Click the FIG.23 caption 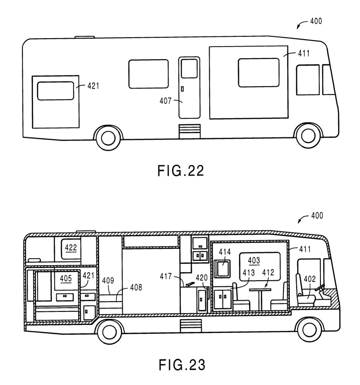pyautogui.click(x=180, y=365)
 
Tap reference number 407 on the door pyautogui.click(x=166, y=100)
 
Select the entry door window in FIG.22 pyautogui.click(x=189, y=69)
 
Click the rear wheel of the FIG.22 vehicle pyautogui.click(x=108, y=136)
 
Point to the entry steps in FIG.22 pyautogui.click(x=189, y=131)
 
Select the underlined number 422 pyautogui.click(x=71, y=247)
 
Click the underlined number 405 pyautogui.click(x=65, y=279)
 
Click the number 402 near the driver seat pyautogui.click(x=310, y=279)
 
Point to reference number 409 pyautogui.click(x=107, y=282)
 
